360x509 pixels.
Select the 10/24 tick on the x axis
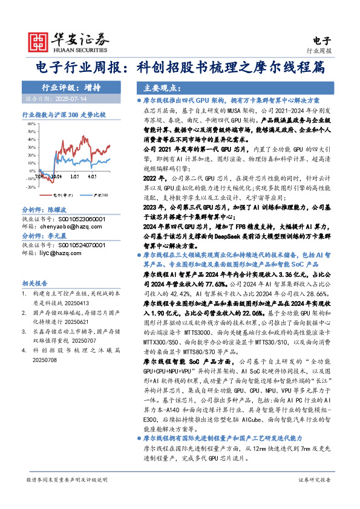(x=56, y=177)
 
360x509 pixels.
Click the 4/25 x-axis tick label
(x=93, y=177)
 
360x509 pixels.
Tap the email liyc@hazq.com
(x=59, y=253)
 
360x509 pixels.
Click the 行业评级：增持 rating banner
(x=71, y=87)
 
